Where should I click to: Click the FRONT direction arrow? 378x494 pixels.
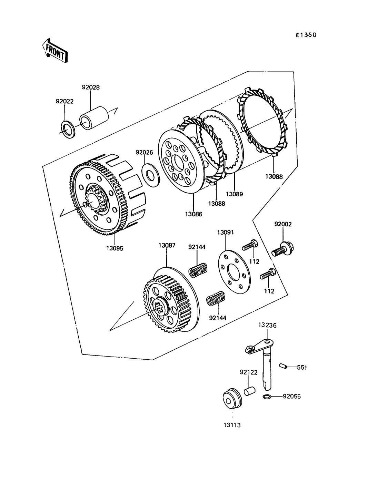pos(55,50)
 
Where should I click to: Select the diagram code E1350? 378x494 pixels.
pos(306,35)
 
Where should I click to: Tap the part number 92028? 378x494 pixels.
pos(91,88)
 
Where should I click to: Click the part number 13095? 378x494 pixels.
pos(115,248)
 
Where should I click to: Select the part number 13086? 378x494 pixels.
pos(194,214)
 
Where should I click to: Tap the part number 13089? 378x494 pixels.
pos(235,194)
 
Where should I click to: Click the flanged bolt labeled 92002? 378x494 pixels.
pos(283,249)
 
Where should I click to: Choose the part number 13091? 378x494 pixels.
pos(226,232)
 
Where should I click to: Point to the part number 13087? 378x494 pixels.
pos(167,245)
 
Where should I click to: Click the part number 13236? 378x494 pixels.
pos(267,325)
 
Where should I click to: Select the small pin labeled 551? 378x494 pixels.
pos(283,366)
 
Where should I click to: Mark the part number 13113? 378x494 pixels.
pos(232,425)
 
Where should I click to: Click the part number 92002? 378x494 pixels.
pos(283,224)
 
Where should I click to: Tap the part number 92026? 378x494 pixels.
pos(144,152)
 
